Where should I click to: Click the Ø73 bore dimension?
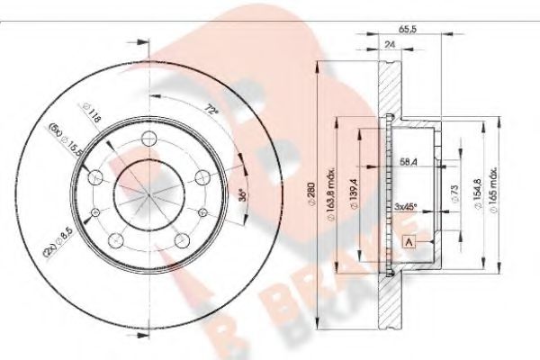coord(455,194)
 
